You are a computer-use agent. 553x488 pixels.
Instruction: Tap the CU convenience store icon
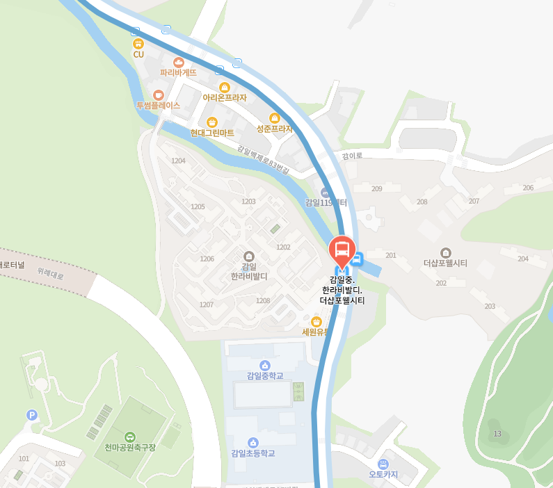point(138,44)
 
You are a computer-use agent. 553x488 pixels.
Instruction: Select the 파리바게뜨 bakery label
point(178,72)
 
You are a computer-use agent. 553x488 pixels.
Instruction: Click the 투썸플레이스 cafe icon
point(159,95)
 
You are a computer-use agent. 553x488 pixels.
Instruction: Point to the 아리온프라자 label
point(225,98)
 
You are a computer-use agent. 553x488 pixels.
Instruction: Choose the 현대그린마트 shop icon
point(212,122)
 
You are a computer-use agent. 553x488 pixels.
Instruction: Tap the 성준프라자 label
point(274,129)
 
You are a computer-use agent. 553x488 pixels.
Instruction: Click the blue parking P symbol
point(31,415)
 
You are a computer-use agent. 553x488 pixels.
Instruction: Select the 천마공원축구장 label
point(130,447)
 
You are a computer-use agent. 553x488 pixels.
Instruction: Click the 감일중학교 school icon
point(264,365)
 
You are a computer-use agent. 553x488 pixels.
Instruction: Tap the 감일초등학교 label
point(253,453)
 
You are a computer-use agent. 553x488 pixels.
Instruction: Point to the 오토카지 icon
point(383,464)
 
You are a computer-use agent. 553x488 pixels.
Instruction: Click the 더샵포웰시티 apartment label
point(445,263)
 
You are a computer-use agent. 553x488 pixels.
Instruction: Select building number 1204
point(179,161)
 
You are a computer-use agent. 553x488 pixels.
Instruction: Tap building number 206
point(528,188)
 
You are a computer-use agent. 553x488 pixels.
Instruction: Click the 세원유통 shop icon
point(316,322)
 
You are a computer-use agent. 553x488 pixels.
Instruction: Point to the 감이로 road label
point(352,156)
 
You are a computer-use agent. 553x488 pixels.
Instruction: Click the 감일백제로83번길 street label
point(262,159)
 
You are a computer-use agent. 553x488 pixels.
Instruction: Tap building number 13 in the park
point(497,434)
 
